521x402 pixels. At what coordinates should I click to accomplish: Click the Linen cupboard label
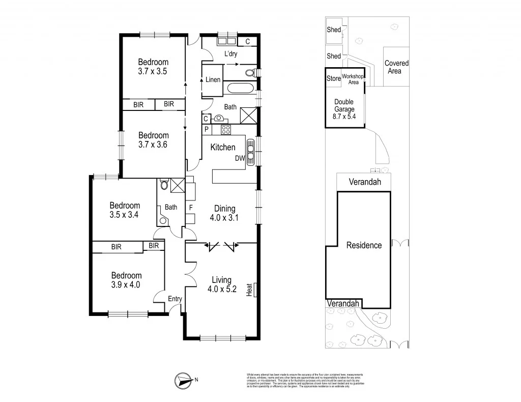point(213,80)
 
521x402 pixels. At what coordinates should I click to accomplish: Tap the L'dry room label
point(231,54)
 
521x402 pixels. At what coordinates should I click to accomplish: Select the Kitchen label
point(223,148)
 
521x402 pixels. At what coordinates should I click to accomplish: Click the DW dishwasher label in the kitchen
point(240,158)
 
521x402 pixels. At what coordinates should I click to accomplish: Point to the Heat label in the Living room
point(249,290)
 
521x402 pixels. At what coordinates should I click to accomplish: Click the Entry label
point(175,299)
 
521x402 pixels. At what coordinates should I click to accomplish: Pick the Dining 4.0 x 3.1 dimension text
point(224,217)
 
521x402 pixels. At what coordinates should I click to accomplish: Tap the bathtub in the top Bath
point(240,89)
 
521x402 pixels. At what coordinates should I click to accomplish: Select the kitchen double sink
point(251,150)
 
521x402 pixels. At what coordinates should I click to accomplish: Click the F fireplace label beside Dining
point(190,208)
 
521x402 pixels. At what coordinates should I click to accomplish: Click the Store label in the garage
point(333,78)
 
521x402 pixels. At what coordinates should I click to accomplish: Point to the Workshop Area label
point(353,79)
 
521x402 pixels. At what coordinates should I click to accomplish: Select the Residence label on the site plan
point(364,245)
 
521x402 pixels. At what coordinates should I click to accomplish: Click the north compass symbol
point(184,379)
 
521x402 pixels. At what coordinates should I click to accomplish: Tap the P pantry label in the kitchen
point(207,130)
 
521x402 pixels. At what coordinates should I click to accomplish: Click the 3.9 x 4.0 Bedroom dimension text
point(125,284)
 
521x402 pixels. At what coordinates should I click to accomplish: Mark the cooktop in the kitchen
point(225,129)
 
